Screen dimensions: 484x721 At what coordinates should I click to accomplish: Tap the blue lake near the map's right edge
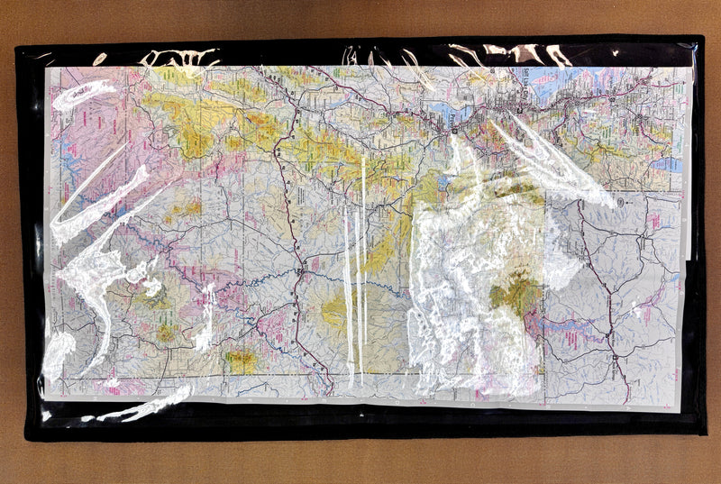666,164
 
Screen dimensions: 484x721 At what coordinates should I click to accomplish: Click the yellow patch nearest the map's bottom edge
240,361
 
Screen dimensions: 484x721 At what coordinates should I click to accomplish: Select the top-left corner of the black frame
17,46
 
